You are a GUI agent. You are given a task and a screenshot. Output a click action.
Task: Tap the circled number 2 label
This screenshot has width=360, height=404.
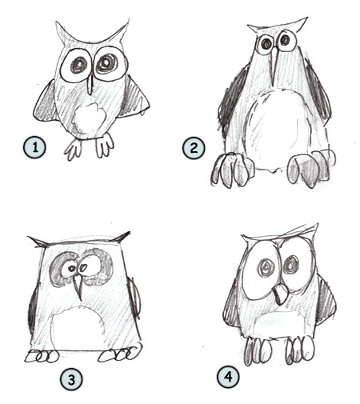click(194, 148)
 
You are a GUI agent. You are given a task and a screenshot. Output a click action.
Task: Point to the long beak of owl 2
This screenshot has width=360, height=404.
click(275, 64)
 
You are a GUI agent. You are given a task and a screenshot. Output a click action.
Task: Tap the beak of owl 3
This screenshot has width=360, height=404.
click(77, 286)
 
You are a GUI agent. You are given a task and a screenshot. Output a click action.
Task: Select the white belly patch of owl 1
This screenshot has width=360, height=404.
click(89, 119)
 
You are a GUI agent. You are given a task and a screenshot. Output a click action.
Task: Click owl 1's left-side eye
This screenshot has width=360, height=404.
click(76, 66)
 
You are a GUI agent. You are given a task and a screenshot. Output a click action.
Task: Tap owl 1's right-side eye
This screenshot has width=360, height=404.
click(107, 64)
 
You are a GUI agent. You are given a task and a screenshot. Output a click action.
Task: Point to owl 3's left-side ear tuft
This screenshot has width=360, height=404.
click(37, 240)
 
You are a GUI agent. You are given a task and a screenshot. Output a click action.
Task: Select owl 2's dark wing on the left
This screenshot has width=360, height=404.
click(233, 104)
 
